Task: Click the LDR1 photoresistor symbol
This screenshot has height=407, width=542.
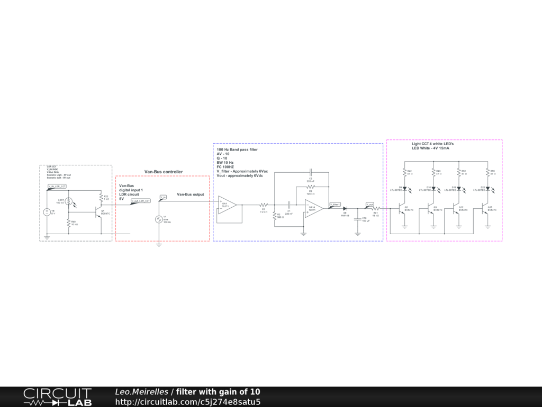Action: [x=68, y=202]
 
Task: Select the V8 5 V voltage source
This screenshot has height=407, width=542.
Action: [x=47, y=212]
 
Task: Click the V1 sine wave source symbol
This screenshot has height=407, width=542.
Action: [x=158, y=219]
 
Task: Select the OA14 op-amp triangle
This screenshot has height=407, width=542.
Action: [x=313, y=208]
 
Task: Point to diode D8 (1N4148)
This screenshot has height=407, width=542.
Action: [x=345, y=209]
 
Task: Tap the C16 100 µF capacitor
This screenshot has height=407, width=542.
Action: [x=358, y=218]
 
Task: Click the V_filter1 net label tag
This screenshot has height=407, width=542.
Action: [x=335, y=204]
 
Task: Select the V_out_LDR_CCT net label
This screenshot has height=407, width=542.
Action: [x=141, y=201]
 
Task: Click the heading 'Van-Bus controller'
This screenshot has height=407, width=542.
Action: [x=164, y=172]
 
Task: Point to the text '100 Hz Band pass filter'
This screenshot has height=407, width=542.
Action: [x=237, y=150]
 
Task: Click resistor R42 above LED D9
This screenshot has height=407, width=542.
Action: [x=405, y=172]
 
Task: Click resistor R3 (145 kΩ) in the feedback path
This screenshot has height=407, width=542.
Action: [x=310, y=187]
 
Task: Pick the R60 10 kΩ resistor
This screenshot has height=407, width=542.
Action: [x=68, y=223]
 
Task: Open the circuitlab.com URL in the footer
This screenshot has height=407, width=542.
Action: [x=187, y=402]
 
